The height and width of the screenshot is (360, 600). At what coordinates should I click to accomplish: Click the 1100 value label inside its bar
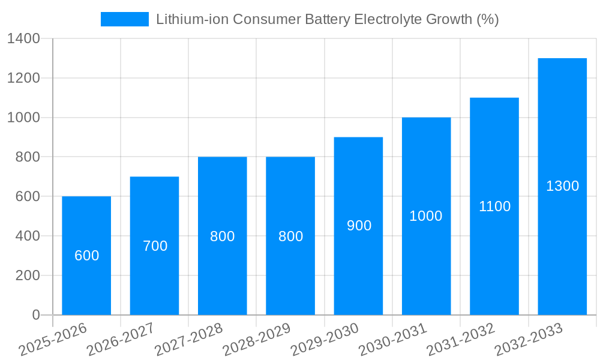494,206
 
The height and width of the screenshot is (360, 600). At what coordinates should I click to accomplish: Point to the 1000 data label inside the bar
426,216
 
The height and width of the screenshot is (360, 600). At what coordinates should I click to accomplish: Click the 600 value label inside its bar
86,256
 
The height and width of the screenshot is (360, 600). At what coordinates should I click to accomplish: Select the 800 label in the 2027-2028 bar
222,236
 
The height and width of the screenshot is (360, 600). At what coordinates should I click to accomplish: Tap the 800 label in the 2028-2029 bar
290,236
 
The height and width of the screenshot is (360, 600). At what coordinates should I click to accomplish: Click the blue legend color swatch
124,19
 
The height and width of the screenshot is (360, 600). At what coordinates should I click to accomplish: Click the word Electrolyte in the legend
383,19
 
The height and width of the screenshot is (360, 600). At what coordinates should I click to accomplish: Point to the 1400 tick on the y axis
23,38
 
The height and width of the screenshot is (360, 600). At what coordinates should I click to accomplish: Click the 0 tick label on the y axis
35,315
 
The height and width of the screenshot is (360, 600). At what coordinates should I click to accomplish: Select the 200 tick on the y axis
27,275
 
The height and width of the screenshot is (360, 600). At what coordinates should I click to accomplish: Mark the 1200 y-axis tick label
23,78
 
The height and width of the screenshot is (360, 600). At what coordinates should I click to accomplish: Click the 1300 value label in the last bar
562,186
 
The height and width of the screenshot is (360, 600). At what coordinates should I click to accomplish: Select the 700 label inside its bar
155,246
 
